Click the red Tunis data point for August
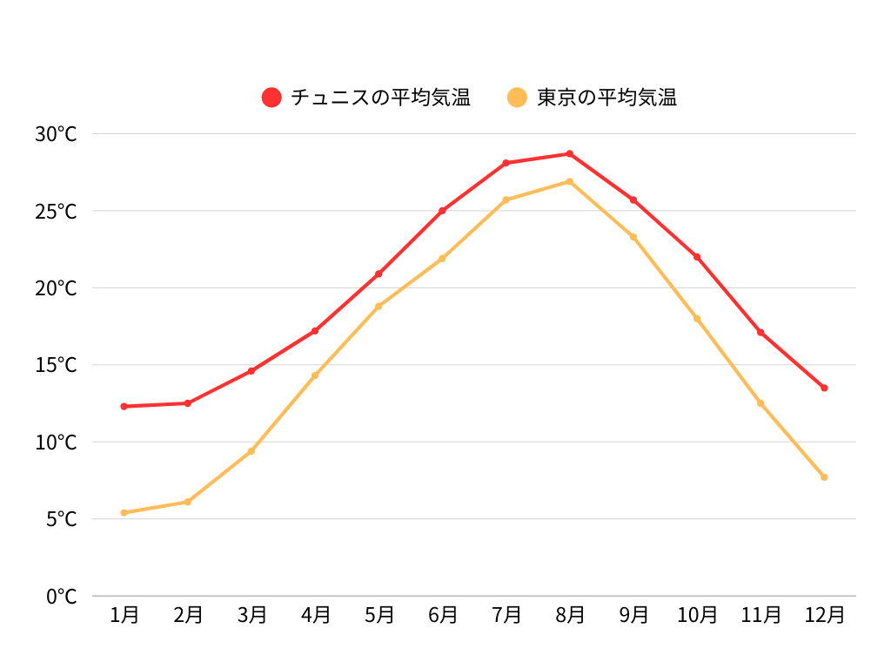pyautogui.click(x=570, y=153)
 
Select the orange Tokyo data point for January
pyautogui.click(x=124, y=512)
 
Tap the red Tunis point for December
pyautogui.click(x=824, y=388)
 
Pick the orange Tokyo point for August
pyautogui.click(x=570, y=181)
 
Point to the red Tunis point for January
pyautogui.click(x=124, y=406)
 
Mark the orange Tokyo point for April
pyautogui.click(x=315, y=375)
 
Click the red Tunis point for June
pyautogui.click(x=442, y=211)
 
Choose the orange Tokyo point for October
pyautogui.click(x=697, y=319)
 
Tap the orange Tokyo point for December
pyautogui.click(x=824, y=476)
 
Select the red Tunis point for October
pyautogui.click(x=697, y=257)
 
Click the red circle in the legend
pyautogui.click(x=271, y=98)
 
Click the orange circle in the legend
pyautogui.click(x=518, y=98)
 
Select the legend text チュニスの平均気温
pyautogui.click(x=380, y=98)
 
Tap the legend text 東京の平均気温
pyautogui.click(x=606, y=98)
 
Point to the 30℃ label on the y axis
pyautogui.click(x=57, y=134)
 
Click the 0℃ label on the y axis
pyautogui.click(x=61, y=597)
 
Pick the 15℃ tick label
pyautogui.click(x=57, y=365)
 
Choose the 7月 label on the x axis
pyautogui.click(x=506, y=615)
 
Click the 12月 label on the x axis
pyautogui.click(x=824, y=615)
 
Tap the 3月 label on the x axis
pyautogui.click(x=251, y=615)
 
